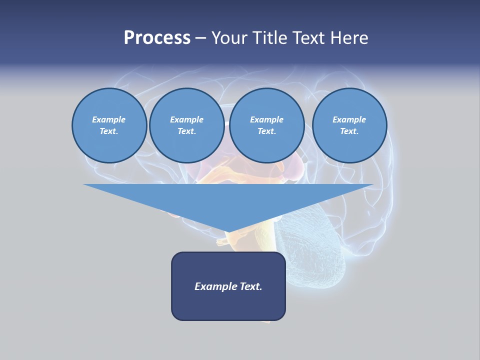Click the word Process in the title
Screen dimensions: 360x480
click(157, 38)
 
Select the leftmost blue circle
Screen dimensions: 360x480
click(109, 125)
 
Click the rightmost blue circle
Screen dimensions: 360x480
click(349, 125)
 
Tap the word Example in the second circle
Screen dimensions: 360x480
click(186, 119)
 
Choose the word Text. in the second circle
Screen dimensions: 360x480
click(186, 131)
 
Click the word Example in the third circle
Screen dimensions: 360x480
click(266, 119)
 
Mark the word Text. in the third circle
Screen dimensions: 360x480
click(266, 131)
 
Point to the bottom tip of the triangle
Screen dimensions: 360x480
click(228, 232)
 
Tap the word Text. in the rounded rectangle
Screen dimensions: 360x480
click(251, 286)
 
